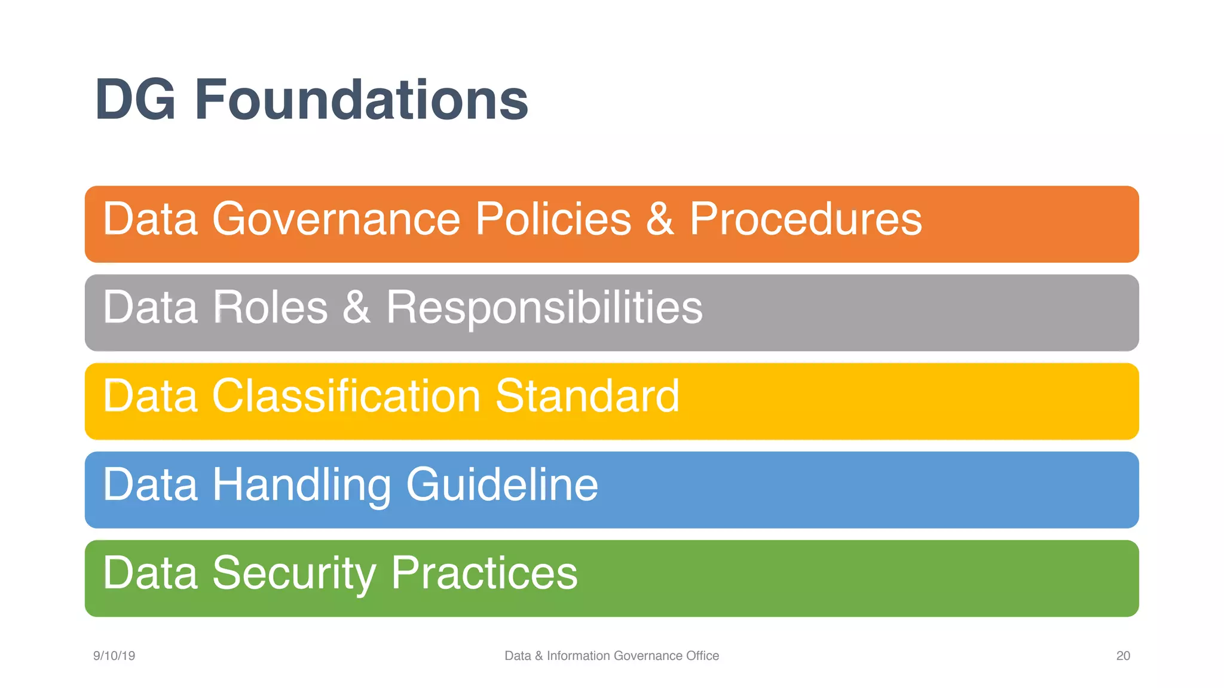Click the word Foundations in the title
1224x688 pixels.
pyautogui.click(x=361, y=100)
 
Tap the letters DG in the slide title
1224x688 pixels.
pyautogui.click(x=135, y=100)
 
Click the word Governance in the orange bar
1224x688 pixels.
pyautogui.click(x=336, y=219)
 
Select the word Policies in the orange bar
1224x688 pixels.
pyautogui.click(x=553, y=219)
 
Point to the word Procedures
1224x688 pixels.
pyautogui.click(x=805, y=219)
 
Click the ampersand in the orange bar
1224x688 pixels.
pyautogui.click(x=660, y=219)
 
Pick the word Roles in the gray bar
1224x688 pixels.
pyautogui.click(x=270, y=308)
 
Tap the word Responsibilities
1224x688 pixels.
pyautogui.click(x=544, y=308)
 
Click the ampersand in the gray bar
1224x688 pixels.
pyautogui.click(x=356, y=308)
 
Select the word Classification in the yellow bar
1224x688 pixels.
pyautogui.click(x=346, y=396)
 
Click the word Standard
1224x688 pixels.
pyautogui.click(x=587, y=396)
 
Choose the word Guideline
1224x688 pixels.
pyautogui.click(x=501, y=484)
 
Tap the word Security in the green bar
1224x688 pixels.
pyautogui.click(x=293, y=573)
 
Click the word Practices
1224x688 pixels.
pyautogui.click(x=484, y=573)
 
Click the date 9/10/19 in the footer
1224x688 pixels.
pyautogui.click(x=114, y=656)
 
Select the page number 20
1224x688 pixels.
pyautogui.click(x=1123, y=656)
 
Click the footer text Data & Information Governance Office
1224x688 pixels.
pyautogui.click(x=611, y=656)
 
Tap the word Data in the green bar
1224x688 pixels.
pyautogui.click(x=150, y=573)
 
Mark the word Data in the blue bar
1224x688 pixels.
pyautogui.click(x=150, y=484)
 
